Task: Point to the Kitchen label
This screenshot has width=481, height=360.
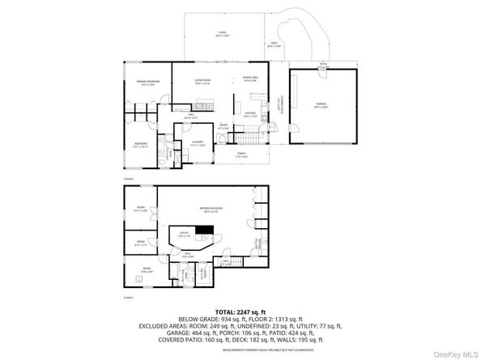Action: [250, 115]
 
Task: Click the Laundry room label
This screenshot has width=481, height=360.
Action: [197, 142]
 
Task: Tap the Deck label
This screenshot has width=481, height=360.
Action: [274, 45]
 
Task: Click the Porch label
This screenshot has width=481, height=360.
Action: [241, 154]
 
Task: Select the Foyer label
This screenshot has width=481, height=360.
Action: [223, 127]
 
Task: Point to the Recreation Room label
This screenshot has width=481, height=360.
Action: [211, 209]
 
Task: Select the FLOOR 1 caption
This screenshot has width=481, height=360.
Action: [129, 299]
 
